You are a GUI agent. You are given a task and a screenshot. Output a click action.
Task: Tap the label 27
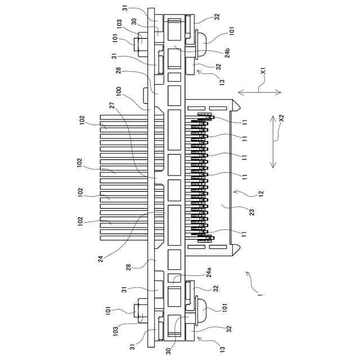(x=112, y=105)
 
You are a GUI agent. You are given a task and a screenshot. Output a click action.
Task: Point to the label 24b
(x=227, y=52)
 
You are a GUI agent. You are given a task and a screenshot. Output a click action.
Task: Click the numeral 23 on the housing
(x=251, y=211)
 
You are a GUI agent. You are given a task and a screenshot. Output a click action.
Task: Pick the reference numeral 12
(x=260, y=193)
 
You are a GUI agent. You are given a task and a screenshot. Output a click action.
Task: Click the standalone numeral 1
(x=259, y=293)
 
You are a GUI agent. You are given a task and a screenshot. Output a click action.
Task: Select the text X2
(x=282, y=119)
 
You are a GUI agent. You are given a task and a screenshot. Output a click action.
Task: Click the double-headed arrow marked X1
(x=259, y=91)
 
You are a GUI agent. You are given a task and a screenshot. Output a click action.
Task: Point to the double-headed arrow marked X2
(x=273, y=142)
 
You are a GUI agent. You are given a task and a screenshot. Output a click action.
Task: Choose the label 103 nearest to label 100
(x=120, y=24)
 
